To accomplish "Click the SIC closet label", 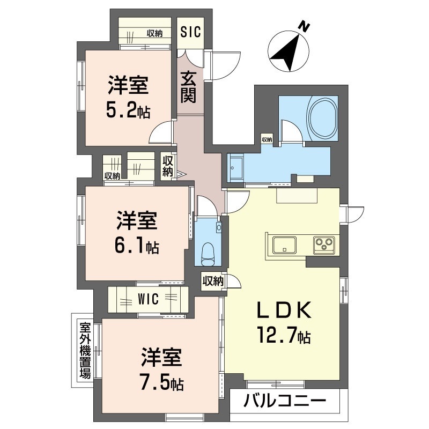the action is pyautogui.click(x=190, y=32).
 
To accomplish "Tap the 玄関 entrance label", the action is pyautogui.click(x=189, y=87).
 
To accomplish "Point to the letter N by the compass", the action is pyautogui.click(x=304, y=26).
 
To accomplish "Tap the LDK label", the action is pyautogui.click(x=285, y=310).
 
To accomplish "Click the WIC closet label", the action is pyautogui.click(x=148, y=299).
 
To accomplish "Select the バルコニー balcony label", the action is pyautogui.click(x=285, y=401).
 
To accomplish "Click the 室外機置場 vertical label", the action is pyautogui.click(x=85, y=350).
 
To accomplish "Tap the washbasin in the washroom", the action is pyautogui.click(x=236, y=167).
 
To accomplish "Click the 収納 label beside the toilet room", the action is pyautogui.click(x=213, y=281).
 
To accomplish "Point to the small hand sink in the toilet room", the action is pyautogui.click(x=219, y=227).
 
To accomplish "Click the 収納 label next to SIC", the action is pyautogui.click(x=154, y=33).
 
